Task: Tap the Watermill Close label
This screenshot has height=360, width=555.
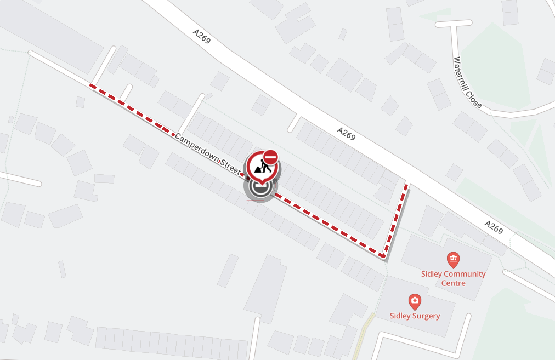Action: [x=468, y=82]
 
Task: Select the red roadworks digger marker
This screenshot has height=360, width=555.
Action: [x=260, y=167]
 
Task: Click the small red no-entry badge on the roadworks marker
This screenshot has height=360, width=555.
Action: [x=270, y=158]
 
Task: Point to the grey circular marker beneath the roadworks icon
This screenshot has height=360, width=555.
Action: [x=260, y=187]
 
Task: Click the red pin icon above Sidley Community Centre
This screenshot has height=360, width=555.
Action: [x=453, y=259]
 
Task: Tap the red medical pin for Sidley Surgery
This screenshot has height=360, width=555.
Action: [x=415, y=301]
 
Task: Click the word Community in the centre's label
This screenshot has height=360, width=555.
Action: [x=465, y=274]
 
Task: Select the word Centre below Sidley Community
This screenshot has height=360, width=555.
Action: [x=453, y=283]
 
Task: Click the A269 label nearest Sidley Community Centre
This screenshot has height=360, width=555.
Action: [x=494, y=227]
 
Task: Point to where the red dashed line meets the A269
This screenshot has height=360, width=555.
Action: [x=406, y=185]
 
